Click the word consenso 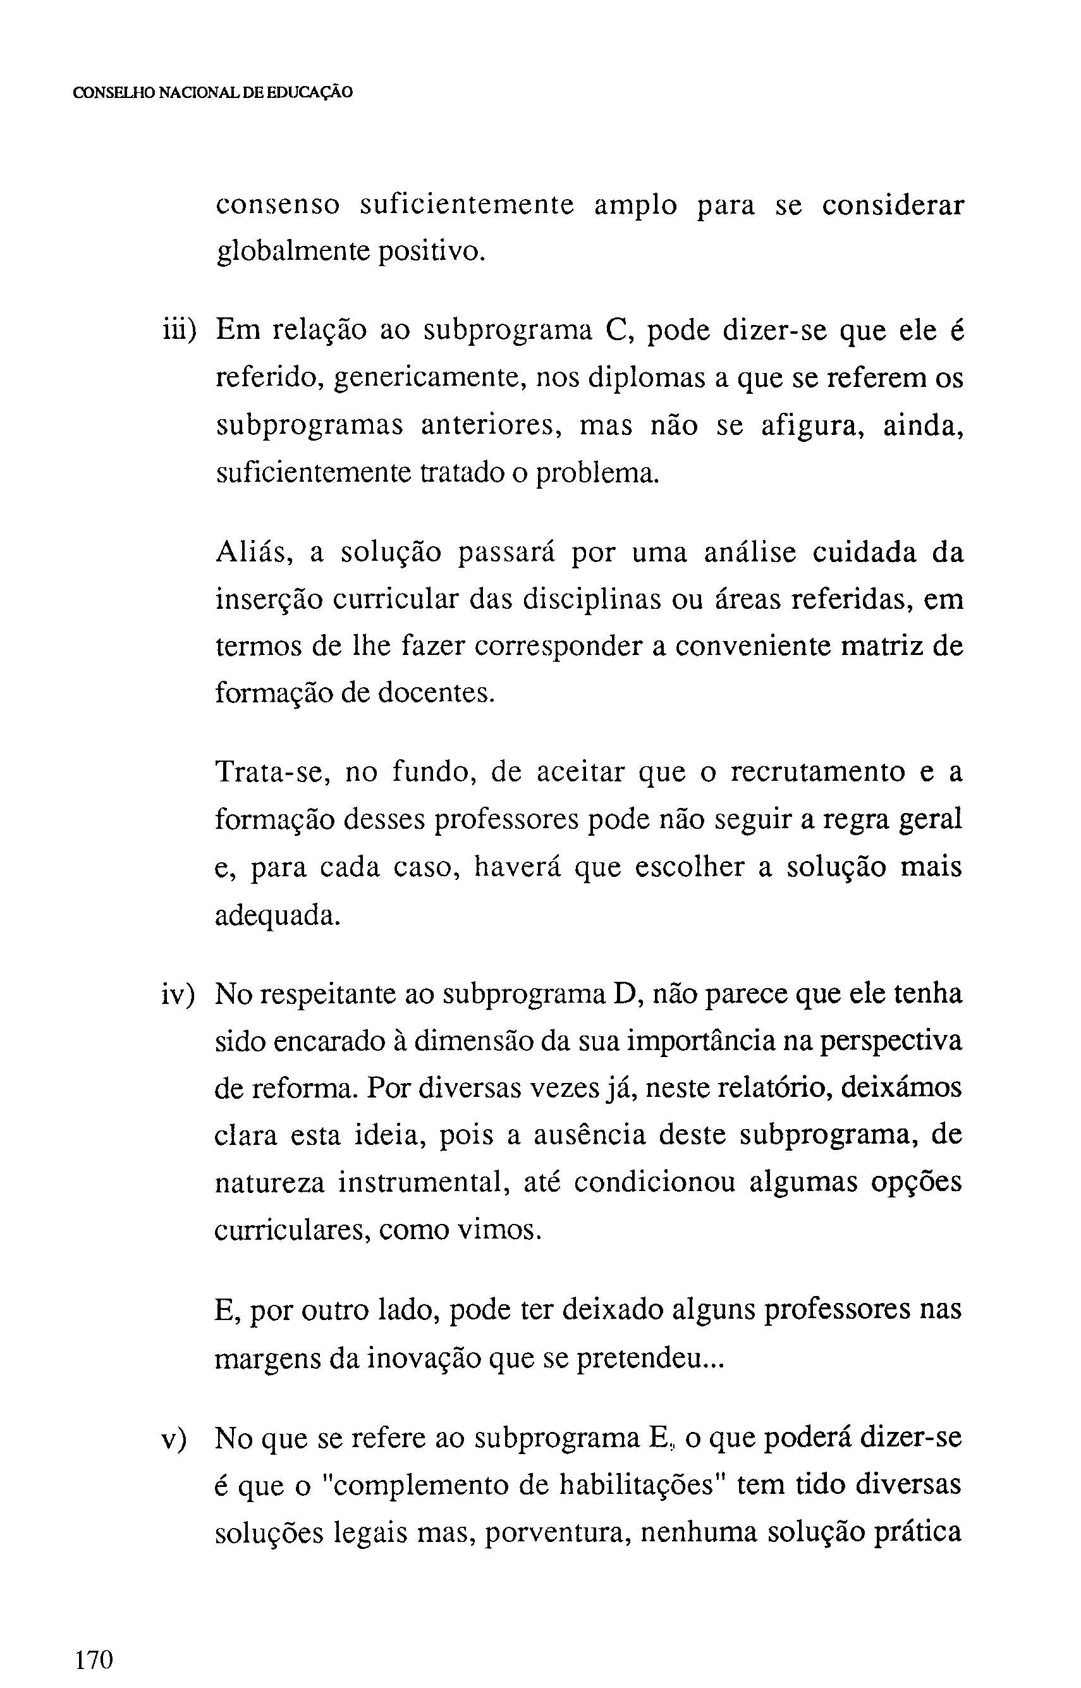click(278, 205)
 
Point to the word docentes click(437, 694)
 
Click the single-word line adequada click(278, 915)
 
